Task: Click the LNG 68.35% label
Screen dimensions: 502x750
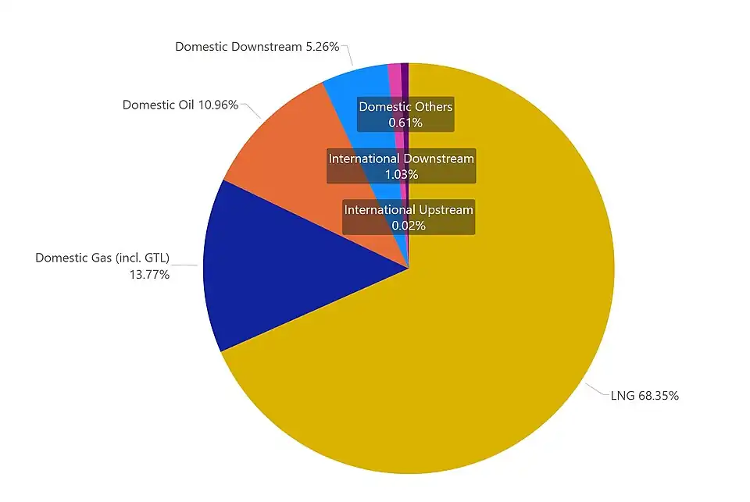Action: [645, 396]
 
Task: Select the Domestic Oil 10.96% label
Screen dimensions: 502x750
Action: [180, 105]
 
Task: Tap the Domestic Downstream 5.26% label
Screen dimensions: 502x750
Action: [257, 47]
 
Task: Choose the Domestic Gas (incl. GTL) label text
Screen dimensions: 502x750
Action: [102, 258]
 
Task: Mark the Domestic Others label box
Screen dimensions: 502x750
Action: [405, 114]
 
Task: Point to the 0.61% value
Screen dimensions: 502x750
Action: [405, 123]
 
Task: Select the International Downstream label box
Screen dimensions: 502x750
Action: [401, 166]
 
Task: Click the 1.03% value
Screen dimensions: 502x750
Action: [401, 175]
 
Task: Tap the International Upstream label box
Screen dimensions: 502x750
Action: [409, 217]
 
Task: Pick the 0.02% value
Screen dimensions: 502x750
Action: [409, 226]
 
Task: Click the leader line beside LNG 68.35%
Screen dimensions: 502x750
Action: [598, 391]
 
